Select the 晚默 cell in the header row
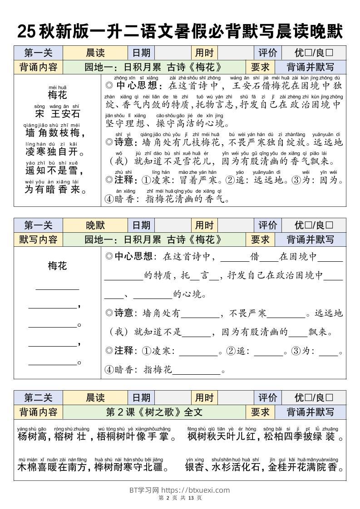click(x=95, y=225)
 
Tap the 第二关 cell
click(x=38, y=398)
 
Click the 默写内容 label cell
click(x=38, y=240)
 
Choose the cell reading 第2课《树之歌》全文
click(x=154, y=412)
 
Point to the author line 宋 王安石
click(x=57, y=113)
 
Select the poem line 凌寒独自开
click(x=53, y=152)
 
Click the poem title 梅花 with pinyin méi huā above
click(x=57, y=95)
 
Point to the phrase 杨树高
click(x=32, y=437)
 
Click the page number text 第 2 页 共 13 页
click(x=180, y=498)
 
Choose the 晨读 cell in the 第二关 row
click(x=95, y=398)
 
